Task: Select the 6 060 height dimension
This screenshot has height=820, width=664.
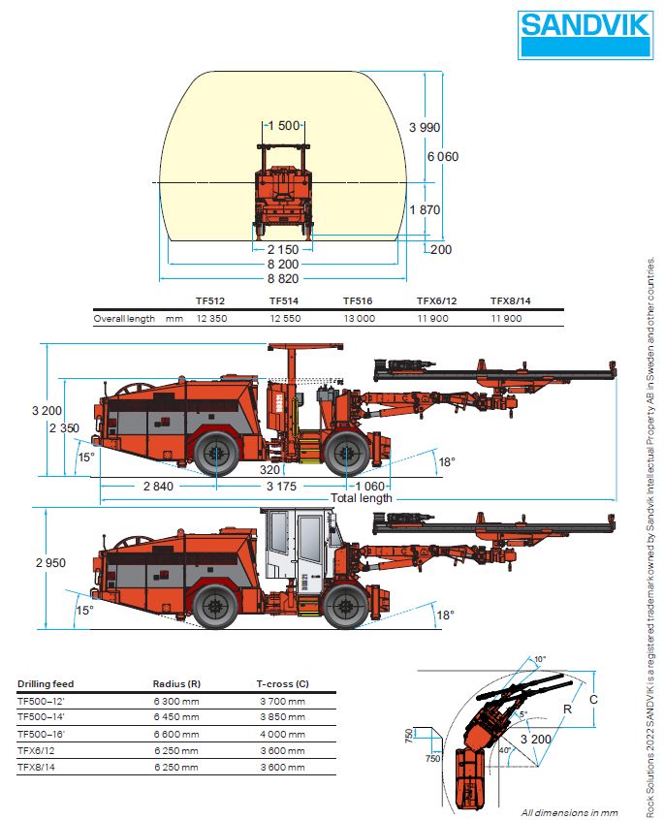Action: pyautogui.click(x=442, y=156)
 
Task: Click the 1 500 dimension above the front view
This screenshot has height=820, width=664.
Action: pyautogui.click(x=284, y=125)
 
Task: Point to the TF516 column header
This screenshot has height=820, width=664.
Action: pyautogui.click(x=357, y=300)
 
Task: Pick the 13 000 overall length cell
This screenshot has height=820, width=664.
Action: pyautogui.click(x=357, y=318)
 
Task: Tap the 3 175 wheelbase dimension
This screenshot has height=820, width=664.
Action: pyautogui.click(x=287, y=486)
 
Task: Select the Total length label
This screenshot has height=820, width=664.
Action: pyautogui.click(x=362, y=498)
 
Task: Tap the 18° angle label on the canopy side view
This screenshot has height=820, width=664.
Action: pyautogui.click(x=446, y=461)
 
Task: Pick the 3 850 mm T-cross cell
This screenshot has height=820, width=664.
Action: pyautogui.click(x=282, y=716)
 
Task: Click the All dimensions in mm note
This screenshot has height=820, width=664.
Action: pyautogui.click(x=569, y=812)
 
